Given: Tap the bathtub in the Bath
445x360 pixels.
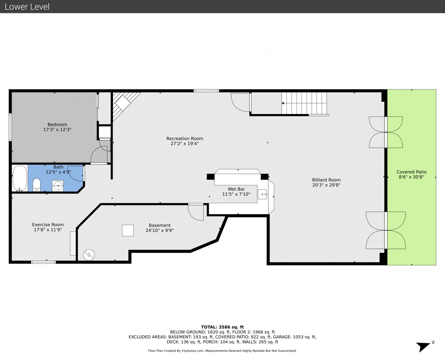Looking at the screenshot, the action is (20, 178).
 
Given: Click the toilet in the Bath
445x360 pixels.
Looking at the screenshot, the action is (37, 185).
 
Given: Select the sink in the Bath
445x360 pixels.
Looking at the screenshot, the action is (58, 186).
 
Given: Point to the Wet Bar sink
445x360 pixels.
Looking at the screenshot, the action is (262, 194).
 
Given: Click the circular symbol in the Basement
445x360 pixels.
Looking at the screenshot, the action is (89, 255).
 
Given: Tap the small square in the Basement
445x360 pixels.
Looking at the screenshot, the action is (128, 230).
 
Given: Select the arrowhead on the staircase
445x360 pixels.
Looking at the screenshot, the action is (282, 103).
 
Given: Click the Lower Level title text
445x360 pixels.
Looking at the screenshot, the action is (27, 7).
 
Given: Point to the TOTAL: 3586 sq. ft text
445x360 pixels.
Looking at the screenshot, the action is (222, 327).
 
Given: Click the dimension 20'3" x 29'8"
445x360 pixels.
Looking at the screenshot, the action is (326, 185).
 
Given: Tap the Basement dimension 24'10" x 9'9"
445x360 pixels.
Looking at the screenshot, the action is (160, 230).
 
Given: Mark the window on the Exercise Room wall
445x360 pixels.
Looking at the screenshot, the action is (43, 262).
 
